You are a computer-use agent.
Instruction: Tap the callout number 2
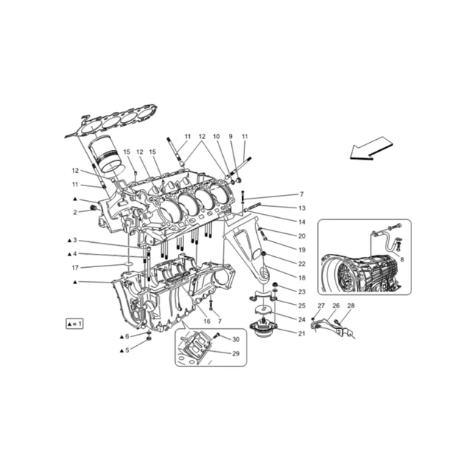coord(75,212)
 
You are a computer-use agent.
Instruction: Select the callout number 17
coord(75,268)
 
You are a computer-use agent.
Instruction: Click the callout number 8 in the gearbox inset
coord(401,260)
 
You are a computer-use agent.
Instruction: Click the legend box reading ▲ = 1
coord(74,323)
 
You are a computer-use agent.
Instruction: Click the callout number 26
coord(335,305)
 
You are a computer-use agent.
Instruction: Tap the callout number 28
coord(350,305)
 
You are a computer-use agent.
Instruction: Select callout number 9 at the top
coord(230,137)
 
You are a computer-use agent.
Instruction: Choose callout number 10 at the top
coord(216,137)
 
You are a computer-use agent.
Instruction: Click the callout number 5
coord(127,350)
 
